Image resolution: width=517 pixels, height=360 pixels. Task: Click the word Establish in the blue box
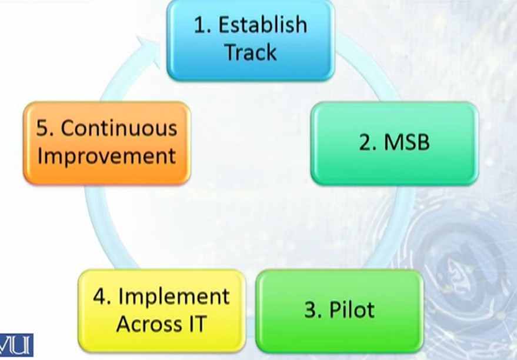263,25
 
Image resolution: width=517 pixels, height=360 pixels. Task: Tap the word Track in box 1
251,52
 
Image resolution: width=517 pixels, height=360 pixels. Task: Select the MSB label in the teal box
406,142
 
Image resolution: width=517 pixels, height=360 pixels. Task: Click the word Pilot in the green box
352,309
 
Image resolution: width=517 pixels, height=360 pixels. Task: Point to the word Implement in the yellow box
174,296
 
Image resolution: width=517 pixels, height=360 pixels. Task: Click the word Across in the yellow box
149,324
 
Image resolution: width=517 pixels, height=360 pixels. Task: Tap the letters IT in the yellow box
198,324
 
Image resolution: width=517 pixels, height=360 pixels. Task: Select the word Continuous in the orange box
119,128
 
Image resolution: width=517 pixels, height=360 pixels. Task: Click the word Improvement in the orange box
106,156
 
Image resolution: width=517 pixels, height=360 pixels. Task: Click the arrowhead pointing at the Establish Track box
150,49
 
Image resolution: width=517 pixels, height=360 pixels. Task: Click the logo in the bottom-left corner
16,345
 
